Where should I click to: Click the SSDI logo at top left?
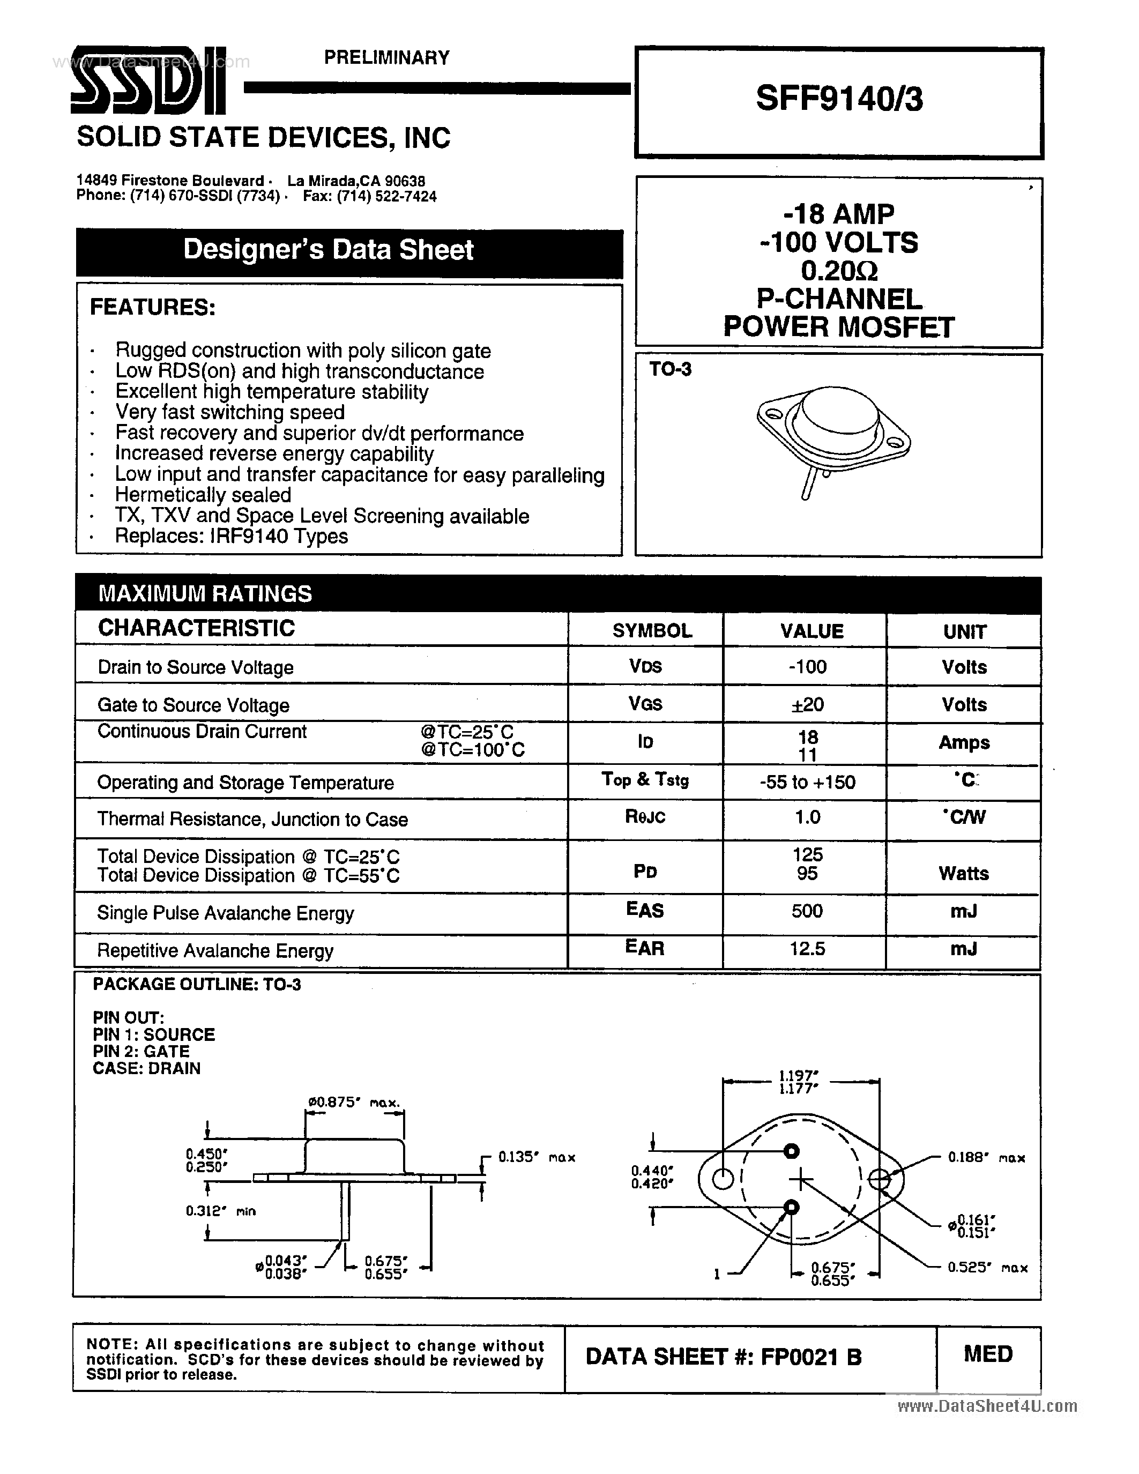click(148, 81)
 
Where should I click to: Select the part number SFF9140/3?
click(839, 99)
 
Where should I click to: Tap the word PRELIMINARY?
click(386, 58)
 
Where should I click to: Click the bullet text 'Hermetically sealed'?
click(203, 495)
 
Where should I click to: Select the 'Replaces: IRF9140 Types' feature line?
click(232, 537)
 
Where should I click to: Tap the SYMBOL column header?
click(652, 631)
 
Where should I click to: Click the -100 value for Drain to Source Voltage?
click(808, 667)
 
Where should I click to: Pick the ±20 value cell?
click(807, 705)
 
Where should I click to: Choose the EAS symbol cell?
click(645, 911)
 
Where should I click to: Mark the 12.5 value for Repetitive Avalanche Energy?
click(808, 949)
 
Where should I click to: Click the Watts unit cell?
click(964, 873)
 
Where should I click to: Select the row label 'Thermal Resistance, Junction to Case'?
click(252, 820)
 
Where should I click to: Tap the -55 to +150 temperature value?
click(808, 782)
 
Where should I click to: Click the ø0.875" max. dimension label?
click(354, 1103)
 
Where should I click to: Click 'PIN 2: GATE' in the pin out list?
click(141, 1052)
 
